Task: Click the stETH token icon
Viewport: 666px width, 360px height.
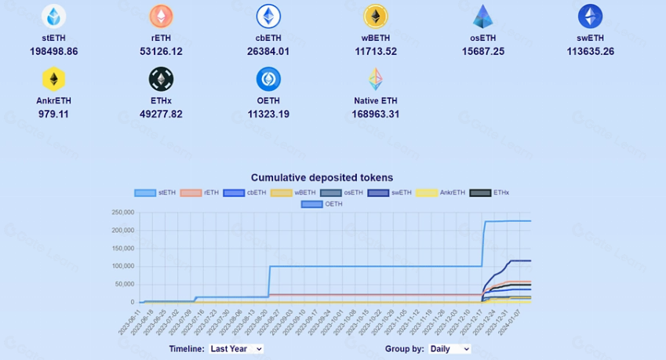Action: tap(54, 16)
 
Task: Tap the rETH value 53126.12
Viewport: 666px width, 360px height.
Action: tap(161, 52)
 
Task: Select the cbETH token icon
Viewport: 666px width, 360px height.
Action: tap(268, 16)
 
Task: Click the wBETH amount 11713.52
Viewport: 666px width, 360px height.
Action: tap(375, 52)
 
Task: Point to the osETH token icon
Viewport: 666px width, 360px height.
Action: tap(482, 16)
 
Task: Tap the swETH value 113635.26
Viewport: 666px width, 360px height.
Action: tap(590, 52)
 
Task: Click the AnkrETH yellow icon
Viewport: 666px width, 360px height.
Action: tap(54, 79)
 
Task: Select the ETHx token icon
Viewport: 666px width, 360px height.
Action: tap(161, 79)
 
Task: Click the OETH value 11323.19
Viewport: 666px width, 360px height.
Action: tap(268, 115)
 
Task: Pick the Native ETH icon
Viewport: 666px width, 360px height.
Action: tap(376, 79)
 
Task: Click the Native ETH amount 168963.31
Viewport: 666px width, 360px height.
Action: tap(376, 115)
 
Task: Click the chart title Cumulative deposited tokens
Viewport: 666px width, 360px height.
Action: tap(322, 178)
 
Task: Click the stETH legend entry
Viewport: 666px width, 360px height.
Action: tap(155, 192)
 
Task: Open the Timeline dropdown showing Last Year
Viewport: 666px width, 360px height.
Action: tap(237, 349)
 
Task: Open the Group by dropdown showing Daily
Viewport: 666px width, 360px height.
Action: tap(450, 349)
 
